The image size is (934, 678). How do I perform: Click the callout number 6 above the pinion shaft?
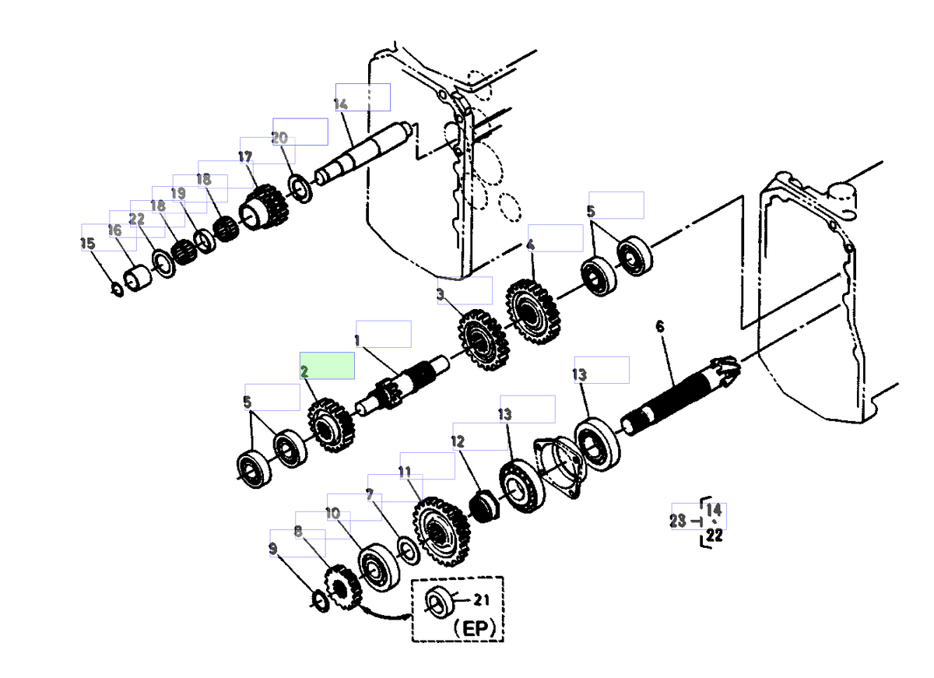[660, 326]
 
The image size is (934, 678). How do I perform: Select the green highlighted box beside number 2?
[328, 365]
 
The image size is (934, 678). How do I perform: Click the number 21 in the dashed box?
[483, 599]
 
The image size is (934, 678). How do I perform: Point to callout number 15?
[88, 244]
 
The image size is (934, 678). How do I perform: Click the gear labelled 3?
[483, 340]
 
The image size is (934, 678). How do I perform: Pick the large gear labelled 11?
[441, 532]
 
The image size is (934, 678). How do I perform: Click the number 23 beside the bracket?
[678, 522]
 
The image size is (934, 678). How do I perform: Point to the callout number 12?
[457, 441]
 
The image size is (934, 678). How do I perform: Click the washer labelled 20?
[299, 188]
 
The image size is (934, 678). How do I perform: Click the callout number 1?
[356, 340]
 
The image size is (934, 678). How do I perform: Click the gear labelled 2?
[331, 425]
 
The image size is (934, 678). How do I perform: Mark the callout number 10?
[332, 513]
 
